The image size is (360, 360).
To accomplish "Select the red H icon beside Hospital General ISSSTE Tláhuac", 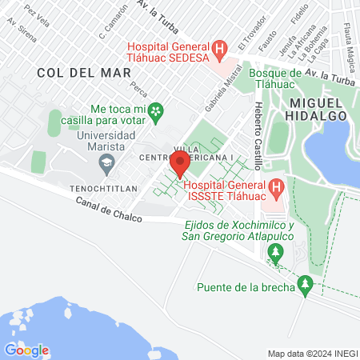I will click(276, 189).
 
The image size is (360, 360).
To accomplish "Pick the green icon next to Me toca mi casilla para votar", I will click(158, 109).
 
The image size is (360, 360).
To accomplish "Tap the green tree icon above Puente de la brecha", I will click(305, 283).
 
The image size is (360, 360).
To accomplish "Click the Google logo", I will click(26, 350).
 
